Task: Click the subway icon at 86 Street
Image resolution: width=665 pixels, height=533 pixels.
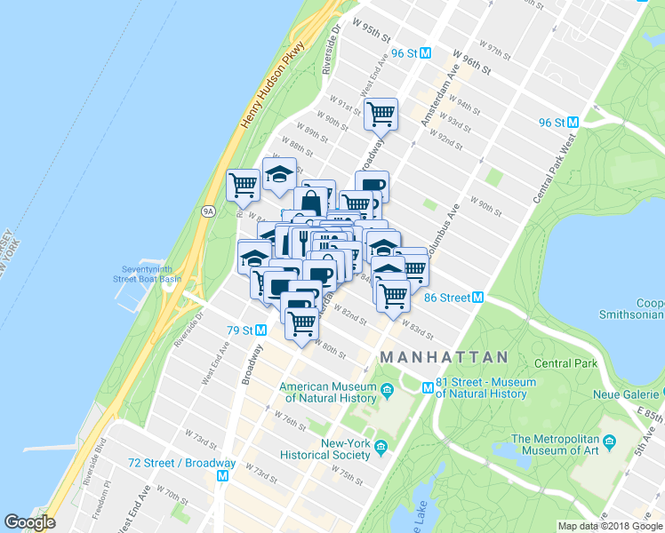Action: (x=478, y=298)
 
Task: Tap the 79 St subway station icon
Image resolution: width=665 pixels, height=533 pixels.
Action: (x=261, y=330)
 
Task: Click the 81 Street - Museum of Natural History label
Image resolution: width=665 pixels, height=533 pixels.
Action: (x=486, y=387)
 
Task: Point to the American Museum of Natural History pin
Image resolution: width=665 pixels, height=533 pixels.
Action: (x=388, y=389)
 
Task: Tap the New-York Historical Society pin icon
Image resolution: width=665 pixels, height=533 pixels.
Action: (x=381, y=446)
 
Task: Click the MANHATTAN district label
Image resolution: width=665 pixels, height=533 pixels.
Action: (x=445, y=357)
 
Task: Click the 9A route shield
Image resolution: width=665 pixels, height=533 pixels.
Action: (x=208, y=211)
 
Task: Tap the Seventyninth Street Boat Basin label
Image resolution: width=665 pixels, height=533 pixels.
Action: (x=147, y=274)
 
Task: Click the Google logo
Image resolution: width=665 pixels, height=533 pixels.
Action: (x=29, y=522)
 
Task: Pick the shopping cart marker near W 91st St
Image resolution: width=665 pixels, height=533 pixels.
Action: (x=381, y=115)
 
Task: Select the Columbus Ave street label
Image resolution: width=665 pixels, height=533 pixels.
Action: (x=442, y=235)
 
